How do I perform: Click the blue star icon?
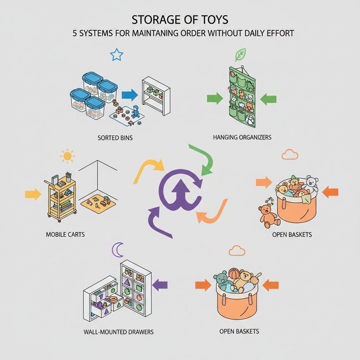116,55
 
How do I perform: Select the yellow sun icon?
67,155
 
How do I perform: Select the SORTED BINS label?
115,138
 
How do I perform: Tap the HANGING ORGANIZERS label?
242,137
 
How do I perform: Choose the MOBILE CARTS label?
65,234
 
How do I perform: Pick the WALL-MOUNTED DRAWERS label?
119,332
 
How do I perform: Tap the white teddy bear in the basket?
311,183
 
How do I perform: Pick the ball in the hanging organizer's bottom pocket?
250,120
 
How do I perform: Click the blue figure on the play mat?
136,112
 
